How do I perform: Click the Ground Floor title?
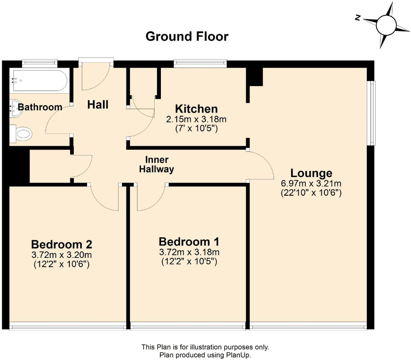click(x=187, y=36)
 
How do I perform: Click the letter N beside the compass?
click(x=358, y=18)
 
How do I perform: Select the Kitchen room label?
click(x=196, y=109)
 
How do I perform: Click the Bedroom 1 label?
click(x=189, y=242)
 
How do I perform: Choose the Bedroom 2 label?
click(x=61, y=244)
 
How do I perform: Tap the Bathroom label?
click(x=40, y=107)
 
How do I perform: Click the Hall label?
click(x=98, y=105)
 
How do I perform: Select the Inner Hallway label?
click(x=156, y=164)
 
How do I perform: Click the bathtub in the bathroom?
click(x=39, y=81)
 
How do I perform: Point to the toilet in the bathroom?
click(x=22, y=133)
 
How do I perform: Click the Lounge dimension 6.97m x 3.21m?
click(x=311, y=183)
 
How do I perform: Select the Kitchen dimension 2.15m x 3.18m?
click(x=196, y=119)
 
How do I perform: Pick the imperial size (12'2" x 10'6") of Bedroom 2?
click(x=61, y=264)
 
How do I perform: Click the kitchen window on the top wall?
click(x=200, y=64)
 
